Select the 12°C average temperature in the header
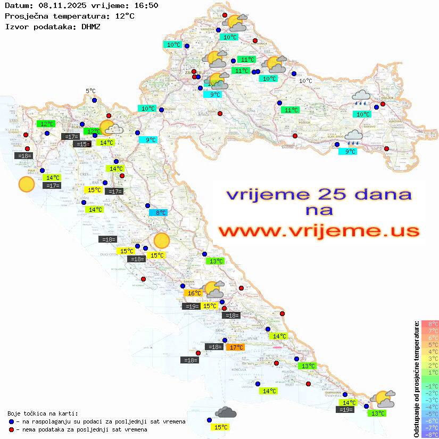click(124, 16)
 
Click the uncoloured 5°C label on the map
click(90, 92)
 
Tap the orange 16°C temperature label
click(193, 293)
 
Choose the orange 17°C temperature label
click(235, 347)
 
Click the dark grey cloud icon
click(226, 412)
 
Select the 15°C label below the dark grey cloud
click(220, 427)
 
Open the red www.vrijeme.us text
click(319, 231)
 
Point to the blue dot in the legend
click(12, 421)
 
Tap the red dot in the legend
click(12, 429)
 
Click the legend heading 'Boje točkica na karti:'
click(43, 413)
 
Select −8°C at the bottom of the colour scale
click(430, 435)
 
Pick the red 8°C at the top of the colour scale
click(430, 324)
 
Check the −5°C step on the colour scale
click(430, 414)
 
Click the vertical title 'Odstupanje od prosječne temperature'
click(416, 379)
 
